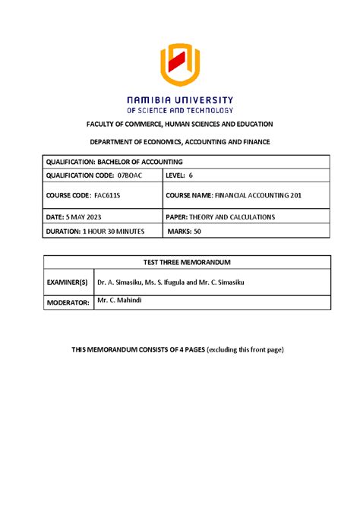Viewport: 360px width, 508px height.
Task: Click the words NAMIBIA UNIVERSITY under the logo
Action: coord(180,99)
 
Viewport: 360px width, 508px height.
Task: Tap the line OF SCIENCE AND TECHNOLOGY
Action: coord(180,110)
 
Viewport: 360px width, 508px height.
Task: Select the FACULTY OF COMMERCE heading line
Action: coord(180,124)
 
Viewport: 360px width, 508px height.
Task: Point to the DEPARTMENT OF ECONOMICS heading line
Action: coord(180,143)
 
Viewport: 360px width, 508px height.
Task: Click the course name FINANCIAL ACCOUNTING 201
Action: coord(263,196)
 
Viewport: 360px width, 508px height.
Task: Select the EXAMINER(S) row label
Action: coord(68,282)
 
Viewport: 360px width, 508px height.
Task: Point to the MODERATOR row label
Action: coord(68,302)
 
